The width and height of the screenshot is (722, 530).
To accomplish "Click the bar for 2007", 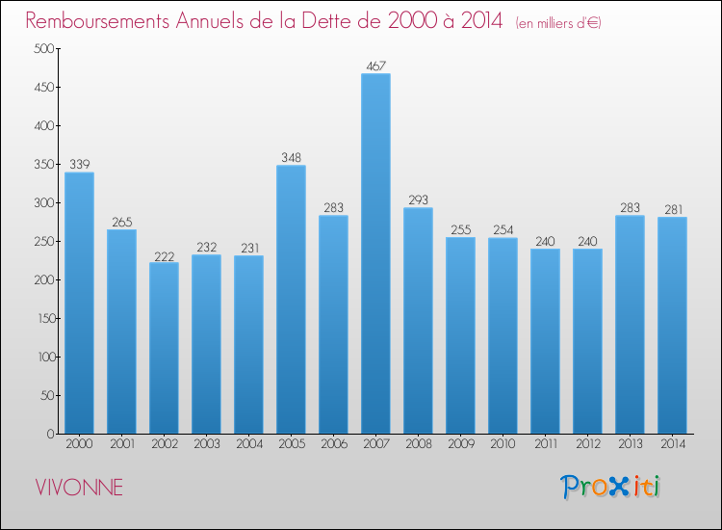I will click(x=375, y=253).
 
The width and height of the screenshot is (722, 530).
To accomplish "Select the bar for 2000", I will click(x=79, y=303).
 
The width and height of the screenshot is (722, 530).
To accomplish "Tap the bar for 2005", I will click(x=291, y=299).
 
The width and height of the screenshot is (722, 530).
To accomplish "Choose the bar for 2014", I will click(x=672, y=325).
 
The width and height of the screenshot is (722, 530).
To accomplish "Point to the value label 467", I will click(x=375, y=66).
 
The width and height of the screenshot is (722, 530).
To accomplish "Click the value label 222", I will click(x=164, y=255).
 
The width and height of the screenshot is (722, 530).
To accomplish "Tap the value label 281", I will click(x=672, y=210).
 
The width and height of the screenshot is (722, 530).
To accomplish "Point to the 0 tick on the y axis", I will click(x=48, y=435).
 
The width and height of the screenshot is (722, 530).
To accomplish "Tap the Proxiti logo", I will click(x=611, y=487).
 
